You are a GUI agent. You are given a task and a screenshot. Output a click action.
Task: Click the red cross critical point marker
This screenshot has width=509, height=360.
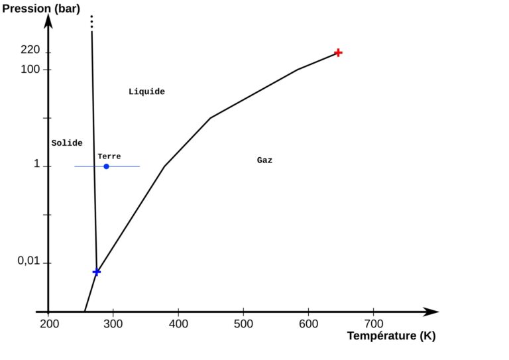(338, 52)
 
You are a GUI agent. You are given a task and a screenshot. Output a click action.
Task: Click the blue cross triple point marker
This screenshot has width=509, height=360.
(97, 272)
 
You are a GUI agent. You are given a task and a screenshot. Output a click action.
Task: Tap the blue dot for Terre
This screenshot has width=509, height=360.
(106, 166)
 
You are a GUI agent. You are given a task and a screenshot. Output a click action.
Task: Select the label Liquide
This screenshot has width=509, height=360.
(146, 91)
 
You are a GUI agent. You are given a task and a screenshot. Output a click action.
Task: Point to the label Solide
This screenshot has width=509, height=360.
(67, 143)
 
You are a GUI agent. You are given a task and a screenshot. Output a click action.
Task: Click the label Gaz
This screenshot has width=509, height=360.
(264, 160)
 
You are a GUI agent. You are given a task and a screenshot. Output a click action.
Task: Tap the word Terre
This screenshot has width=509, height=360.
(109, 156)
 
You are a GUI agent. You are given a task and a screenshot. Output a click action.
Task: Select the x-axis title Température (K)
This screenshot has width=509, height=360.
(391, 335)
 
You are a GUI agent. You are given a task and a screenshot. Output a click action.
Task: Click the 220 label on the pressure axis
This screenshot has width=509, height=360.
(30, 50)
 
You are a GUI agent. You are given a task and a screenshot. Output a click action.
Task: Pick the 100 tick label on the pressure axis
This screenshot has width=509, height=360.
(30, 69)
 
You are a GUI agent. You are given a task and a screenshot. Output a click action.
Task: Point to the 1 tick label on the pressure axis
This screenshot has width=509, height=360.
(37, 164)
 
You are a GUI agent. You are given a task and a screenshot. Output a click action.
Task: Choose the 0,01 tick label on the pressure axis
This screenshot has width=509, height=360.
(28, 261)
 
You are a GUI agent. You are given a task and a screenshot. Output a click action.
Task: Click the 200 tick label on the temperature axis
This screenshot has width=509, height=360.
(48, 324)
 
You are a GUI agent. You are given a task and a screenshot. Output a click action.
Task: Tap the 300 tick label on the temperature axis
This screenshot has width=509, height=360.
(113, 324)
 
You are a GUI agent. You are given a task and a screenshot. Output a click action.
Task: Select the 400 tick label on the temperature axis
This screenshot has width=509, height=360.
(178, 324)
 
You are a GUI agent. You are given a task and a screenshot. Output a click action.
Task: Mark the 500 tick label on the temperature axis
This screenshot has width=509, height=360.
(243, 324)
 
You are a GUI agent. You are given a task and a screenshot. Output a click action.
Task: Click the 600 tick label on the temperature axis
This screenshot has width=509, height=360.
(308, 324)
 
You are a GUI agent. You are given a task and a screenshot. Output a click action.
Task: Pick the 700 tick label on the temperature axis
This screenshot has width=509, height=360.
(373, 324)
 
